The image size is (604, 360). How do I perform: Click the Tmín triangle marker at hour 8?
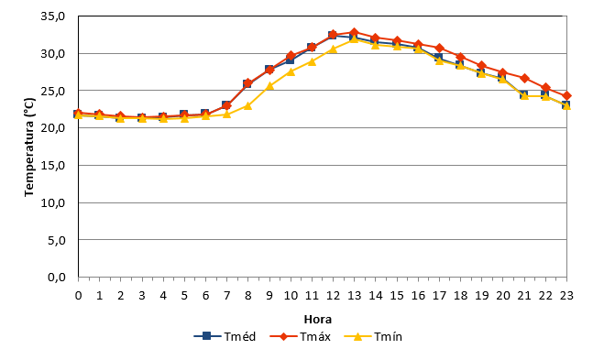coord(248,105)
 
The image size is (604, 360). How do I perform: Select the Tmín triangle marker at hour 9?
coord(269,86)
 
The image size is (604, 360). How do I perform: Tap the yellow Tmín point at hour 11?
coord(312,61)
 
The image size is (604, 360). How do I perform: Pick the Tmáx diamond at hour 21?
coord(524,78)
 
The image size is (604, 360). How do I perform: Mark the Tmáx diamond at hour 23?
coord(566,96)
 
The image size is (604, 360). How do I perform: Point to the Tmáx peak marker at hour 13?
coord(355,32)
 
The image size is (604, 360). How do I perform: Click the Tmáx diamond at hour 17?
coord(440,49)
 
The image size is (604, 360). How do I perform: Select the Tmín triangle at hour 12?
coord(334,49)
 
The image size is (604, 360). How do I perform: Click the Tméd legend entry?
coord(225,336)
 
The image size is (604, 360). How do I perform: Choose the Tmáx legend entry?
coord(300,336)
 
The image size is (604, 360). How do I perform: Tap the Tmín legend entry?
coord(373,336)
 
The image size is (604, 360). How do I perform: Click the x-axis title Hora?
coord(318,320)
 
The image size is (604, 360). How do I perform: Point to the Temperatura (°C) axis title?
coord(29,147)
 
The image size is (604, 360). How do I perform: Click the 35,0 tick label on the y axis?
coord(53,16)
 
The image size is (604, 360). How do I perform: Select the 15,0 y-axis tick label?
coord(53,166)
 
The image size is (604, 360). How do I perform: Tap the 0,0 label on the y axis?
coord(56,278)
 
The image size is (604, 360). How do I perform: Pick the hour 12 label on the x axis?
coord(334,296)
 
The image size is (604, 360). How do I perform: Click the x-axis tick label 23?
coord(566,296)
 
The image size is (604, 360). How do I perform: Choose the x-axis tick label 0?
coord(79,296)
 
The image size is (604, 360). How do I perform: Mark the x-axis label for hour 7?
coord(227,296)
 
